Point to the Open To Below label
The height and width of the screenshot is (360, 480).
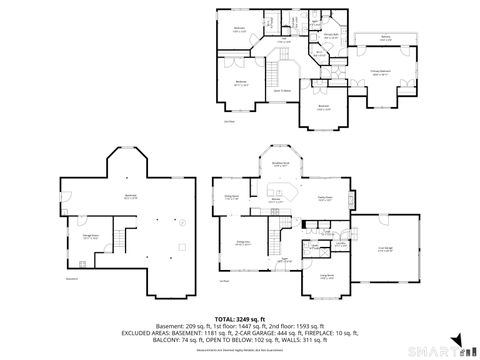tap(283, 91)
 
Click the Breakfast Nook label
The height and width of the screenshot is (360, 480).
tap(281, 164)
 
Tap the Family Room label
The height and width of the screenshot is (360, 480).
tap(325, 198)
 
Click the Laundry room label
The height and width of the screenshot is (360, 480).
tap(340, 243)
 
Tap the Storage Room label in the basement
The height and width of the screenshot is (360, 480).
tap(90, 238)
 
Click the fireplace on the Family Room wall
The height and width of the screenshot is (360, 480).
tap(351, 196)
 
